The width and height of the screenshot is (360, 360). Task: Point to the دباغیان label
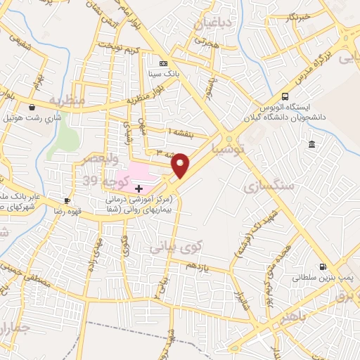(x=210, y=25)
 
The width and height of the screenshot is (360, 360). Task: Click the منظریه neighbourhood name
(x=67, y=101)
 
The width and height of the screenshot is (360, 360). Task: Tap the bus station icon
(x=285, y=96)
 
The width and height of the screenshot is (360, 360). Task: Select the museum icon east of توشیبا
(x=311, y=145)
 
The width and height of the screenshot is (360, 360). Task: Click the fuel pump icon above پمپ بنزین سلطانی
(x=323, y=266)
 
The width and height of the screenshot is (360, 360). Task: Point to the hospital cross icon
(x=139, y=188)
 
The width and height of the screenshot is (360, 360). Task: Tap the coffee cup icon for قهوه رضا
(x=67, y=200)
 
